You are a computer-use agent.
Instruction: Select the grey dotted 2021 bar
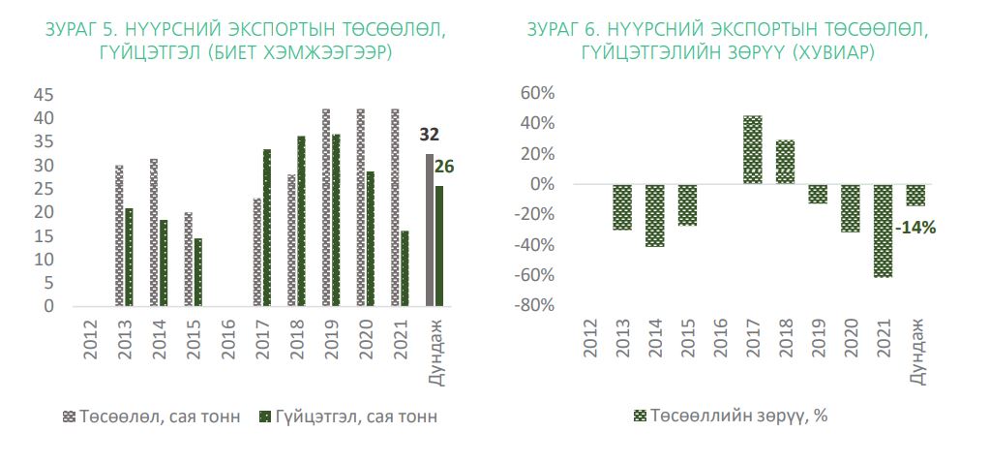pyautogui.click(x=394, y=207)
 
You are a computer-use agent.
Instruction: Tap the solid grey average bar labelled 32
pyautogui.click(x=429, y=230)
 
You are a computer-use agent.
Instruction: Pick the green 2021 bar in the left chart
pyautogui.click(x=405, y=268)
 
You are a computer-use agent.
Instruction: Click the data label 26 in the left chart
pyautogui.click(x=443, y=167)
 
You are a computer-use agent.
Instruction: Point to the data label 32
pyautogui.click(x=429, y=135)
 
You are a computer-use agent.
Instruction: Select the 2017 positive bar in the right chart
pyautogui.click(x=752, y=149)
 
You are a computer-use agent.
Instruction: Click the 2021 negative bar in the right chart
pyautogui.click(x=883, y=231)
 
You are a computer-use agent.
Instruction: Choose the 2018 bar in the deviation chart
pyautogui.click(x=785, y=162)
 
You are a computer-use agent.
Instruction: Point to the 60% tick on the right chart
pyautogui.click(x=537, y=94)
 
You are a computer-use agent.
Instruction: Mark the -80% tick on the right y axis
pyautogui.click(x=535, y=306)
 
